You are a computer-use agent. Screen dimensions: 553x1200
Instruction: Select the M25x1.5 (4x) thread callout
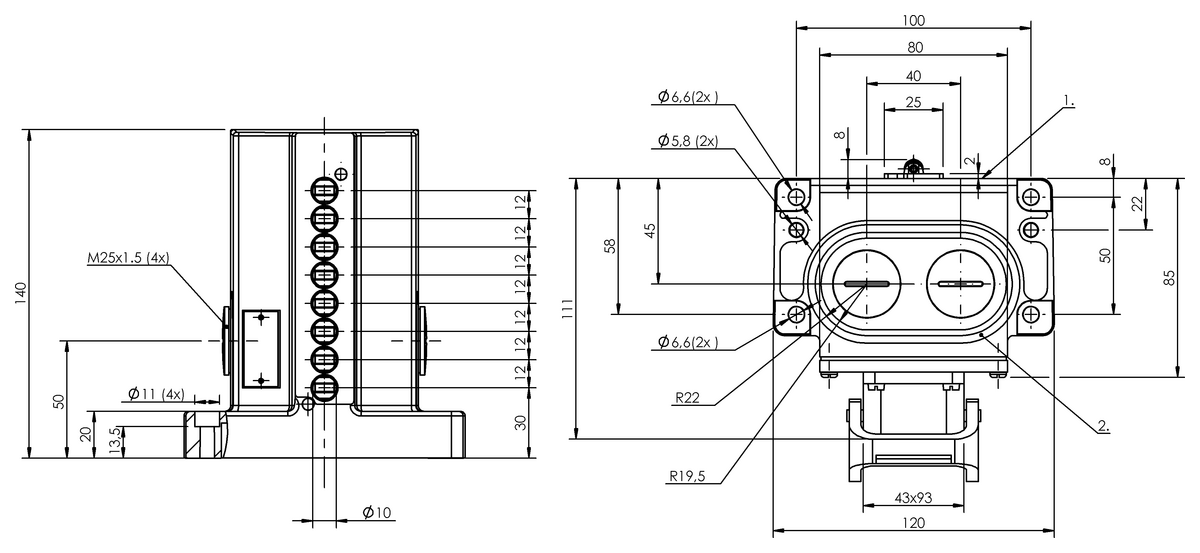[x=127, y=258]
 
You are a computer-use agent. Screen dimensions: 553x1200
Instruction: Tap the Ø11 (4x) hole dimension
[x=156, y=393]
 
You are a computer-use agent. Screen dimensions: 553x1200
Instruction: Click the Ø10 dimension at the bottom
[x=377, y=513]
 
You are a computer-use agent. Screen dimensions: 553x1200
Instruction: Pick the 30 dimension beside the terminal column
[x=520, y=421]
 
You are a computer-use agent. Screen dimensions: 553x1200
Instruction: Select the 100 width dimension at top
[x=912, y=20]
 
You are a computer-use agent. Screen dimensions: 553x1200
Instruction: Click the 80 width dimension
[x=912, y=47]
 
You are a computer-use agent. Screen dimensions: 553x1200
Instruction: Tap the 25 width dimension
[x=912, y=102]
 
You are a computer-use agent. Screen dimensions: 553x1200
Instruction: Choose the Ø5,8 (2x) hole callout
[x=688, y=141]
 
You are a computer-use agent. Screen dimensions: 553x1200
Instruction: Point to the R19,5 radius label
[x=688, y=476]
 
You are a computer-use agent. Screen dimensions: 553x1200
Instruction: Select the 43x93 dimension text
[x=912, y=497]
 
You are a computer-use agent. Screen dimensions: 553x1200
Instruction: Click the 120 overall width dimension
[x=912, y=522]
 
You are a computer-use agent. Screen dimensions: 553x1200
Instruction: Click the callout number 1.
[x=1068, y=101]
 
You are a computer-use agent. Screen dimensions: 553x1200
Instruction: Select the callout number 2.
[x=1103, y=426]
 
